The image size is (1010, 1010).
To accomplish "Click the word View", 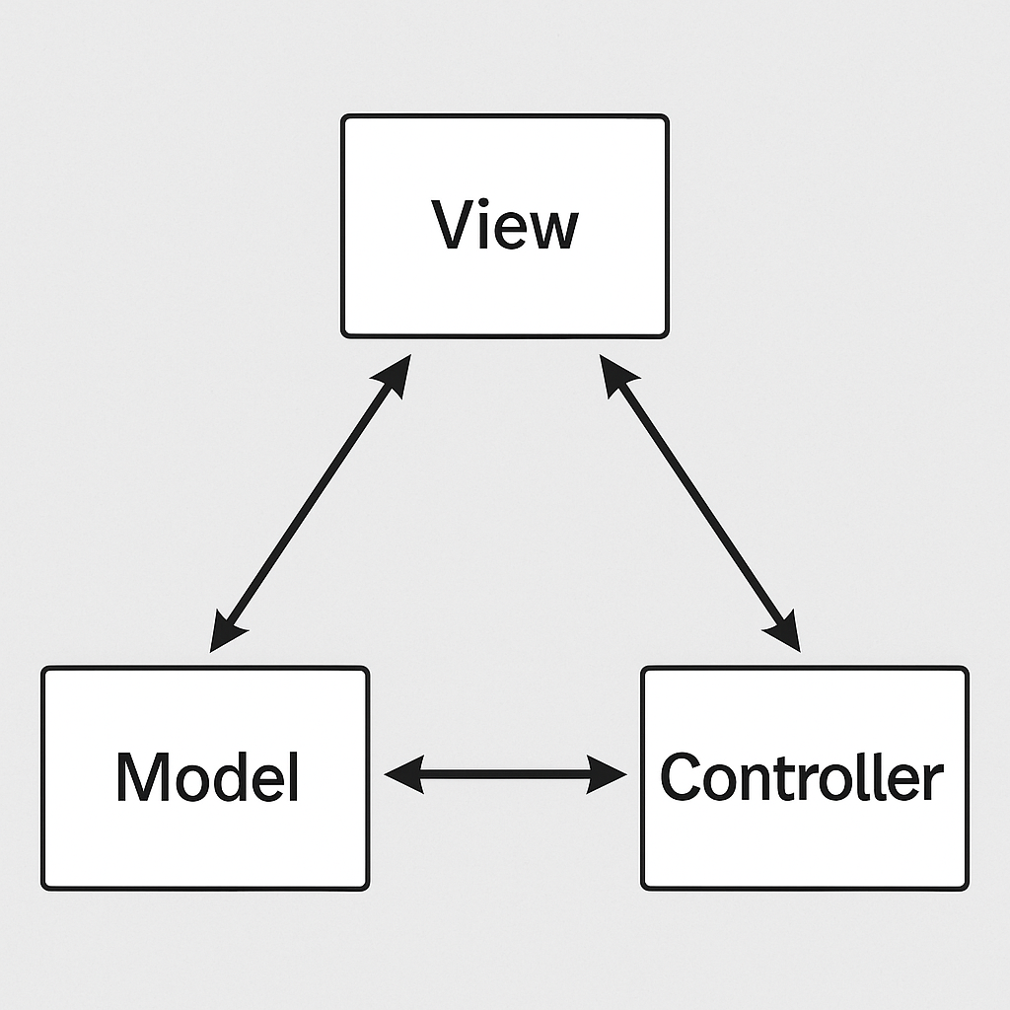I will (x=505, y=225).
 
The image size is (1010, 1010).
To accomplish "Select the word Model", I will (x=207, y=776).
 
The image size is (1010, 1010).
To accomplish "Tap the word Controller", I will (x=801, y=776).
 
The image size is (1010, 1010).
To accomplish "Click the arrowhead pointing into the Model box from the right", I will (x=401, y=774).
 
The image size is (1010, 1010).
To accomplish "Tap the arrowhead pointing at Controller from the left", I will (x=609, y=774).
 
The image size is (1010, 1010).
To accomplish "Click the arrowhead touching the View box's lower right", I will (x=615, y=375).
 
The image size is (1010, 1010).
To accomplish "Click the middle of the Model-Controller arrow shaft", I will (x=505, y=774).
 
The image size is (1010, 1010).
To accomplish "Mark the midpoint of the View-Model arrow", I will (x=310, y=503).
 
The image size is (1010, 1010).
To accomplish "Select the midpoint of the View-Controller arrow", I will (x=699, y=504).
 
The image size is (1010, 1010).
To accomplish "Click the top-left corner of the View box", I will (x=344, y=117).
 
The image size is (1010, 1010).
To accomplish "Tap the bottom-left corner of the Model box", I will (x=44, y=887).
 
